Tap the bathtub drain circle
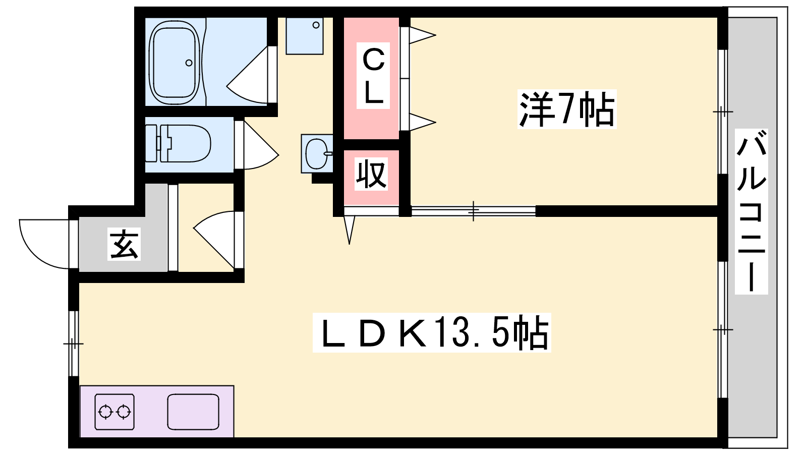click(x=189, y=63)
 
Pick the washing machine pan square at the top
click(x=304, y=36)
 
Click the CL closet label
click(x=373, y=76)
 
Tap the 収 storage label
click(x=371, y=174)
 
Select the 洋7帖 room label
click(x=567, y=109)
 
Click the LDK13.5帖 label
click(x=432, y=333)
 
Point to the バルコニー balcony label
click(x=751, y=212)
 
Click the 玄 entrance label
click(x=124, y=245)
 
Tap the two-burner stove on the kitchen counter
click(x=114, y=412)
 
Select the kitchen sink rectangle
click(x=193, y=412)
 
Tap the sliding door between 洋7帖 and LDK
click(x=473, y=211)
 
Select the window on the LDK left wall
click(x=74, y=344)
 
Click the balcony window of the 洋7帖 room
click(x=722, y=111)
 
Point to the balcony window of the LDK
click(x=722, y=329)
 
